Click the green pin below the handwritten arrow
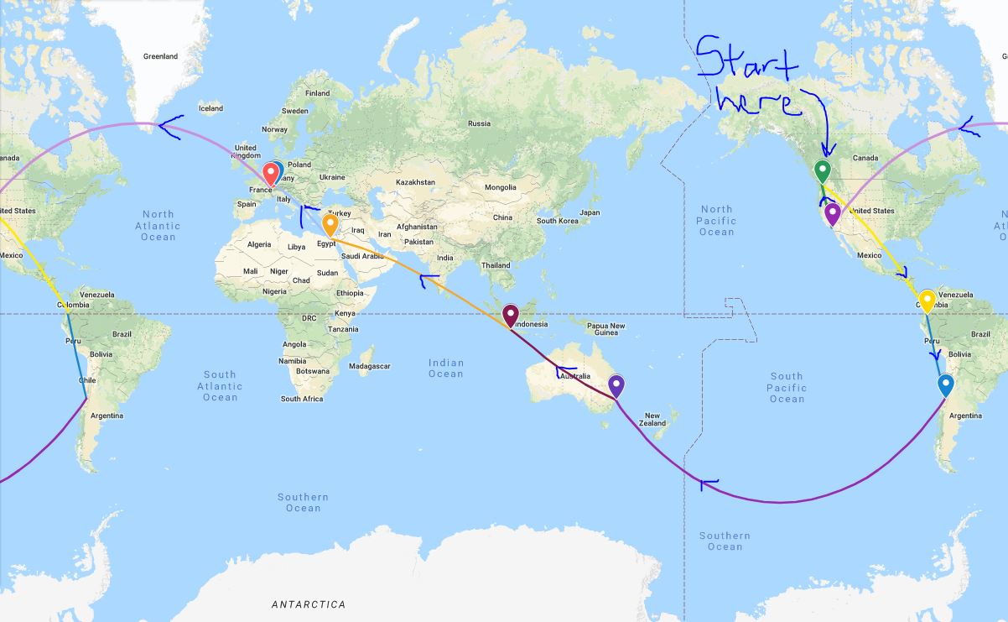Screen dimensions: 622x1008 pos(823,171)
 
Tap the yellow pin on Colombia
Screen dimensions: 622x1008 pos(927,300)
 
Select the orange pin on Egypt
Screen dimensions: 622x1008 pos(330,225)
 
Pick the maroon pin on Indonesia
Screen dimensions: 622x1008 pos(510,316)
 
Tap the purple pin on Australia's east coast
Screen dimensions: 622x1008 pos(616,385)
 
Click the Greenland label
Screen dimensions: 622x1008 pos(160,56)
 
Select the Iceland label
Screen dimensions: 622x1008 pos(210,108)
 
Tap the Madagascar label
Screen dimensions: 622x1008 pos(369,366)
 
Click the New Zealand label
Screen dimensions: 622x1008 pos(652,420)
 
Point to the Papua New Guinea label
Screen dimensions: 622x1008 pos(605,329)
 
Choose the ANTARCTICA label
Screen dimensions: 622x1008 pos(308,604)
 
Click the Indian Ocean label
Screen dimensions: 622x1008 pos(446,368)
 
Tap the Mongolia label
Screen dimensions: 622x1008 pos(501,187)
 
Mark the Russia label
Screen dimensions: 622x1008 pos(479,123)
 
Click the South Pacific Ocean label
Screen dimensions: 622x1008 pos(787,388)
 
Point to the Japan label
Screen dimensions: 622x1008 pos(590,212)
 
